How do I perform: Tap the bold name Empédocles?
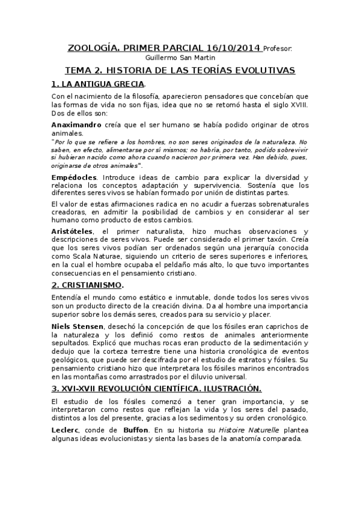click(x=75, y=177)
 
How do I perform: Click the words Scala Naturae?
click(x=93, y=255)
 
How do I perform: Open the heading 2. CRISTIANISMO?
click(x=88, y=284)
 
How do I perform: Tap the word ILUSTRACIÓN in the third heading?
click(x=228, y=388)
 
